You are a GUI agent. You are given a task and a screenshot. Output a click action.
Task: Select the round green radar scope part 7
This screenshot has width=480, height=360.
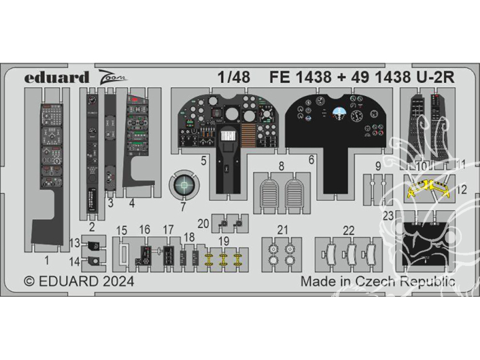[x=184, y=184]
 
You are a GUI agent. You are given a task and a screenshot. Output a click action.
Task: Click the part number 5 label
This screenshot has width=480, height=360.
[x=203, y=160]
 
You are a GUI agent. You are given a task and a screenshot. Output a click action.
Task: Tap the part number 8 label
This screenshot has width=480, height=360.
[x=281, y=165]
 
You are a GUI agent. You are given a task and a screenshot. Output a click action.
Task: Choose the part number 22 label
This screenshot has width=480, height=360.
[x=349, y=230]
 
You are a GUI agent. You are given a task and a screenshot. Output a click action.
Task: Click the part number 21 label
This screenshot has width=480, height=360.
[x=283, y=230]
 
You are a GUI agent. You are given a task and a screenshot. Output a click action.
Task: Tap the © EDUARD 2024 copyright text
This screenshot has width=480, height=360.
[x=79, y=281]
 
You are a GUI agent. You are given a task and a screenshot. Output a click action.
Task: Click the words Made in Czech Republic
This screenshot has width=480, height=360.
[x=378, y=281]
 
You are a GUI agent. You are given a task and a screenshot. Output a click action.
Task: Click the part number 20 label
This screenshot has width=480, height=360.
[x=203, y=223]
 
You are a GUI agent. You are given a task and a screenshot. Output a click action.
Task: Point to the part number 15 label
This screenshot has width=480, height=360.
[x=122, y=230]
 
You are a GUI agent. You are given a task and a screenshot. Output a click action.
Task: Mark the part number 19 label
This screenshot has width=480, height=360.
[x=208, y=240]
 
